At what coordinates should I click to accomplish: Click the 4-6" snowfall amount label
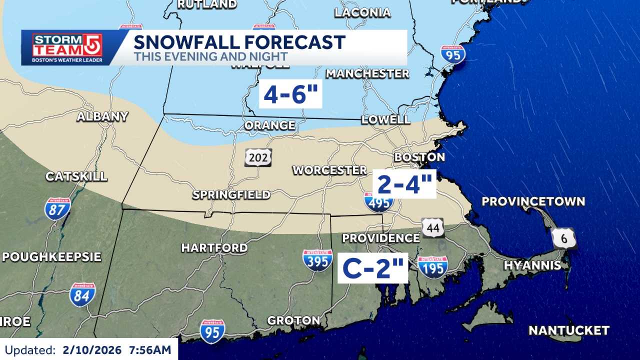pos(290,94)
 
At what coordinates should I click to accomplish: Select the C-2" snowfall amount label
pos(372,268)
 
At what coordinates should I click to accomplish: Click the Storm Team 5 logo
pos(67,47)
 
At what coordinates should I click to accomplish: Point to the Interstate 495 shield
pos(378,201)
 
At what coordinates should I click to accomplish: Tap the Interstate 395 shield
pos(317,260)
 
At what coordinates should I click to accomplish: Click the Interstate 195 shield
pos(432,267)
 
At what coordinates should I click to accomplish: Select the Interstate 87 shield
pos(57,209)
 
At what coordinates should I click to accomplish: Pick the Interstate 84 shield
pos(82,295)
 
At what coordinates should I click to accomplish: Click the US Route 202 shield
pos(258,157)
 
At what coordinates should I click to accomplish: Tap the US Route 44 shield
pos(432,227)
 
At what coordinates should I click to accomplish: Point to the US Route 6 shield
pos(564,238)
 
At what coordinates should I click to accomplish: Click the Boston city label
pos(419,157)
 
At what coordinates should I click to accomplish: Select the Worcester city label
pos(329,170)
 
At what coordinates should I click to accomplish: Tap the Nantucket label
pos(568,330)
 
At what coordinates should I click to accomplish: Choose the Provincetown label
pos(533,201)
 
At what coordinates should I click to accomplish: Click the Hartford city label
pos(214,247)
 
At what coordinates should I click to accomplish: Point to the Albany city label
pos(102,116)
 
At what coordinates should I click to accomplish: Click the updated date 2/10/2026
pos(92,350)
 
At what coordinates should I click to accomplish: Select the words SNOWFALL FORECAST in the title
pos(239,42)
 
